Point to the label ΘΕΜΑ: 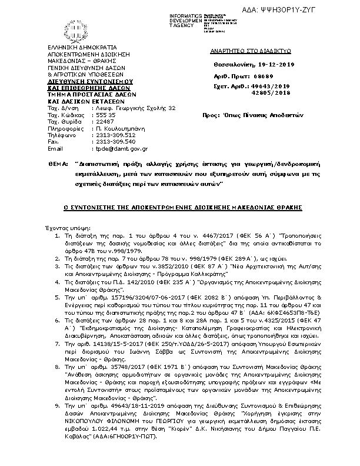pos(58,161)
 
